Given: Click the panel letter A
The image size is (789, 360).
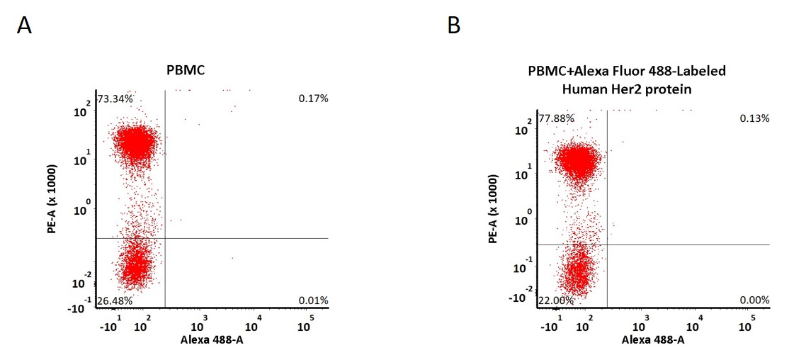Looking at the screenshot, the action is (24, 26).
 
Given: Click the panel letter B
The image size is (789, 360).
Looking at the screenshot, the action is (453, 26).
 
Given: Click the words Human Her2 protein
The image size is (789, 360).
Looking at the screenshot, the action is (627, 90).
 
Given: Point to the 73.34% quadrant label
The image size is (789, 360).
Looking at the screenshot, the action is (115, 99).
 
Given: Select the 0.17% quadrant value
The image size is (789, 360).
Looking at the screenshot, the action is (314, 99).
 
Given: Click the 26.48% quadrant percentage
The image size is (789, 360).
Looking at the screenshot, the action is (115, 301).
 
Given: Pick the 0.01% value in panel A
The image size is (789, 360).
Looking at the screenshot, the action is (314, 301).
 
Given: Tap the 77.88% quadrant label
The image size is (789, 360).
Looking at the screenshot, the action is (556, 118).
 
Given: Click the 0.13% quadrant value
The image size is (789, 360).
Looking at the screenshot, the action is (755, 118).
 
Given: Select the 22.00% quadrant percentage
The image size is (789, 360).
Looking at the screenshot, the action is (556, 300).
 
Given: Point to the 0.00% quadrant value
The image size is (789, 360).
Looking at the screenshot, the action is (755, 300).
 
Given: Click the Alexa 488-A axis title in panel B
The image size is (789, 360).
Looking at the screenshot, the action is (653, 340).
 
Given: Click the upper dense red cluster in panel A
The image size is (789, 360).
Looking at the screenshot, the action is (134, 143).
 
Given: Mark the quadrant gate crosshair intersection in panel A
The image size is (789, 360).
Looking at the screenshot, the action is (165, 238).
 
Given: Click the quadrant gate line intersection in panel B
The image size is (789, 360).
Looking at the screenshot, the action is (608, 244).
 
